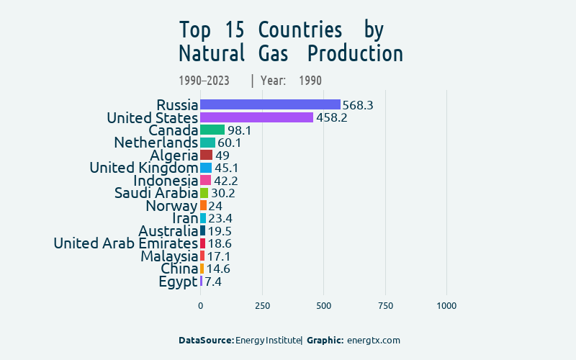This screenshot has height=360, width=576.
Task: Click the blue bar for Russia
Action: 270,105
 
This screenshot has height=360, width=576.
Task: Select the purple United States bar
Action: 256,117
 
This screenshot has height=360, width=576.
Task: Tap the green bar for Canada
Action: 212,130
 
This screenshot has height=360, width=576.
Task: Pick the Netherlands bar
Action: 207,143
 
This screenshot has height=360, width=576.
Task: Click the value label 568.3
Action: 358,105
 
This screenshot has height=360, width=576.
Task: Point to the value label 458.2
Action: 332,117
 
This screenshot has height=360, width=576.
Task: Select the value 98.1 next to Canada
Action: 239,130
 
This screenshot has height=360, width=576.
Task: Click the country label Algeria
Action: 174,156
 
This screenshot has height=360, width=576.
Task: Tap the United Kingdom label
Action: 143,168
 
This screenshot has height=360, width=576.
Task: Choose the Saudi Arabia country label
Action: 156,193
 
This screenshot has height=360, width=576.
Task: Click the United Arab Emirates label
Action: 125,243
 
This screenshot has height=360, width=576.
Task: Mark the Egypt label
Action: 178,282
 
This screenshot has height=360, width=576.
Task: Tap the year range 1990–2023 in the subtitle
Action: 204,81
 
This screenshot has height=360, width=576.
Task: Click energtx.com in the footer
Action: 373,340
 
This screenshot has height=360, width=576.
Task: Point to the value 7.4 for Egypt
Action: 213,282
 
